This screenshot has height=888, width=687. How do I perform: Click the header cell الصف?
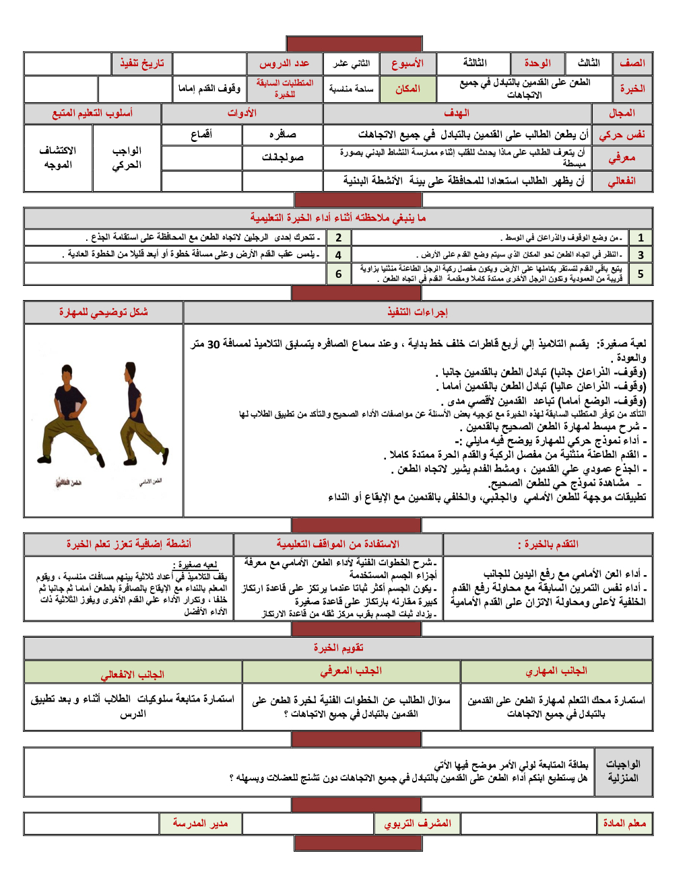[632, 63]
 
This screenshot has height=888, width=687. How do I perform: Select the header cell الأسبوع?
[407, 63]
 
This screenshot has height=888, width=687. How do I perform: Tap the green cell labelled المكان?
[407, 89]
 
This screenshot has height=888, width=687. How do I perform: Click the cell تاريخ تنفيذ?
[142, 63]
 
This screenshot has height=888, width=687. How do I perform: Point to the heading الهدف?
[457, 113]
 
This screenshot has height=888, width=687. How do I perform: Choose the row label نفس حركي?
[622, 135]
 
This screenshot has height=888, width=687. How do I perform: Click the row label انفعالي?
[622, 181]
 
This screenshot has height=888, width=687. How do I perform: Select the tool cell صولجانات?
[282, 157]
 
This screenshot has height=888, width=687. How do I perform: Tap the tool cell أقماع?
[201, 135]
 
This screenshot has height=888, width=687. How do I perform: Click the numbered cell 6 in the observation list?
[338, 274]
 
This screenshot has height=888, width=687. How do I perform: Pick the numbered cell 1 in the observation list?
[641, 237]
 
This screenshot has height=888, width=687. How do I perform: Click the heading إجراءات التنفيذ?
[418, 312]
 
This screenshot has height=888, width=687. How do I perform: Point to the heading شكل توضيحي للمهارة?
[103, 312]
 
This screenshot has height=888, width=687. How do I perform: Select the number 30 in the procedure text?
[214, 344]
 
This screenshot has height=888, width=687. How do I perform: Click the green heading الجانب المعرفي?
[351, 671]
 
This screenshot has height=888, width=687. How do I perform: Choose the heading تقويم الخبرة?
[338, 648]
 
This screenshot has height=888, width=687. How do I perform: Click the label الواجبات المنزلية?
[623, 771]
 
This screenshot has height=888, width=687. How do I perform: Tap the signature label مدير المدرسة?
[200, 823]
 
